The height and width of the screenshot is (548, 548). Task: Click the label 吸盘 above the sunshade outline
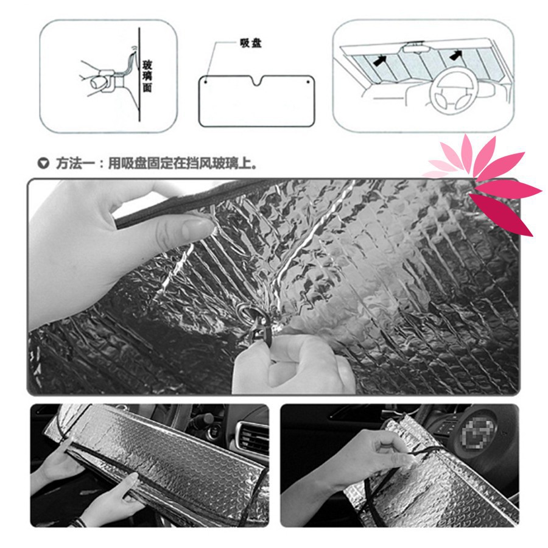251,44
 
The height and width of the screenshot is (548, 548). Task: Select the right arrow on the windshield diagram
454,55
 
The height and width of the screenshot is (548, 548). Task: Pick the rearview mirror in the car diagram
416,45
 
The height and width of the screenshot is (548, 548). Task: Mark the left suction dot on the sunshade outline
207,80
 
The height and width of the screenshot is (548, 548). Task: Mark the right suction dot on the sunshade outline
308,80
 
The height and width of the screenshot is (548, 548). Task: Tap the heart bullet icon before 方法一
43,163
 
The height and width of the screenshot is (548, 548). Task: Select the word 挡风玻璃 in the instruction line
212,163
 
